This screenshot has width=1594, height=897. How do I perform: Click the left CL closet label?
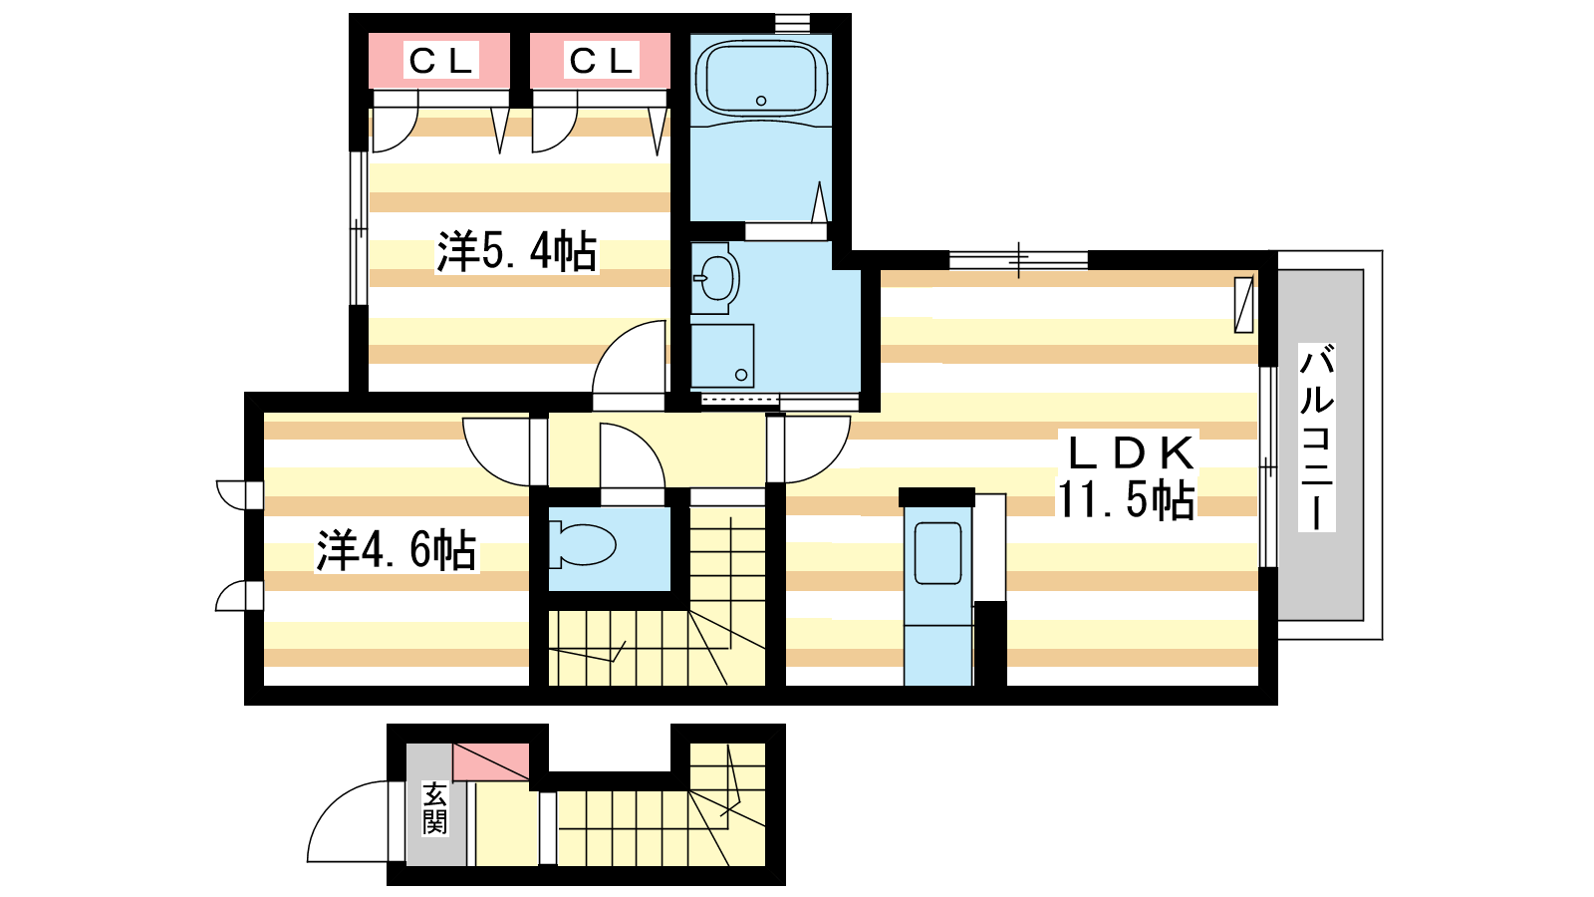pos(439,61)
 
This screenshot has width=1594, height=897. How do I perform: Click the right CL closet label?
pos(600,61)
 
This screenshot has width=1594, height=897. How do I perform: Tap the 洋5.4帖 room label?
pos(516,251)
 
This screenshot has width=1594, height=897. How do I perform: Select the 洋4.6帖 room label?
pos(397,550)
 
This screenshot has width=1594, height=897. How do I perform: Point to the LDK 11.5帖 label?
pos(1127,476)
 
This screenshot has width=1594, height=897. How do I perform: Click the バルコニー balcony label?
pos(1316,438)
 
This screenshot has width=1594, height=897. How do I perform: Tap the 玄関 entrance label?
pos(434,808)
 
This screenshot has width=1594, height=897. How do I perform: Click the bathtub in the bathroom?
pos(761,80)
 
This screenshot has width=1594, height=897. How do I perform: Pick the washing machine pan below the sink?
pos(722,356)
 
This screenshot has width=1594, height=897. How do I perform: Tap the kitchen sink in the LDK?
pos(937,554)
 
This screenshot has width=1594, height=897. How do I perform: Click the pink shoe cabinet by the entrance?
pos(490,761)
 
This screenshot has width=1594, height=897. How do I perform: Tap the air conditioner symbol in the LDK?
pos(1243,304)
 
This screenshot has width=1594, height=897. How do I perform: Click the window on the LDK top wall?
pos(1017,260)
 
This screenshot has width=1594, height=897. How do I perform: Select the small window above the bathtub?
pos(792,21)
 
